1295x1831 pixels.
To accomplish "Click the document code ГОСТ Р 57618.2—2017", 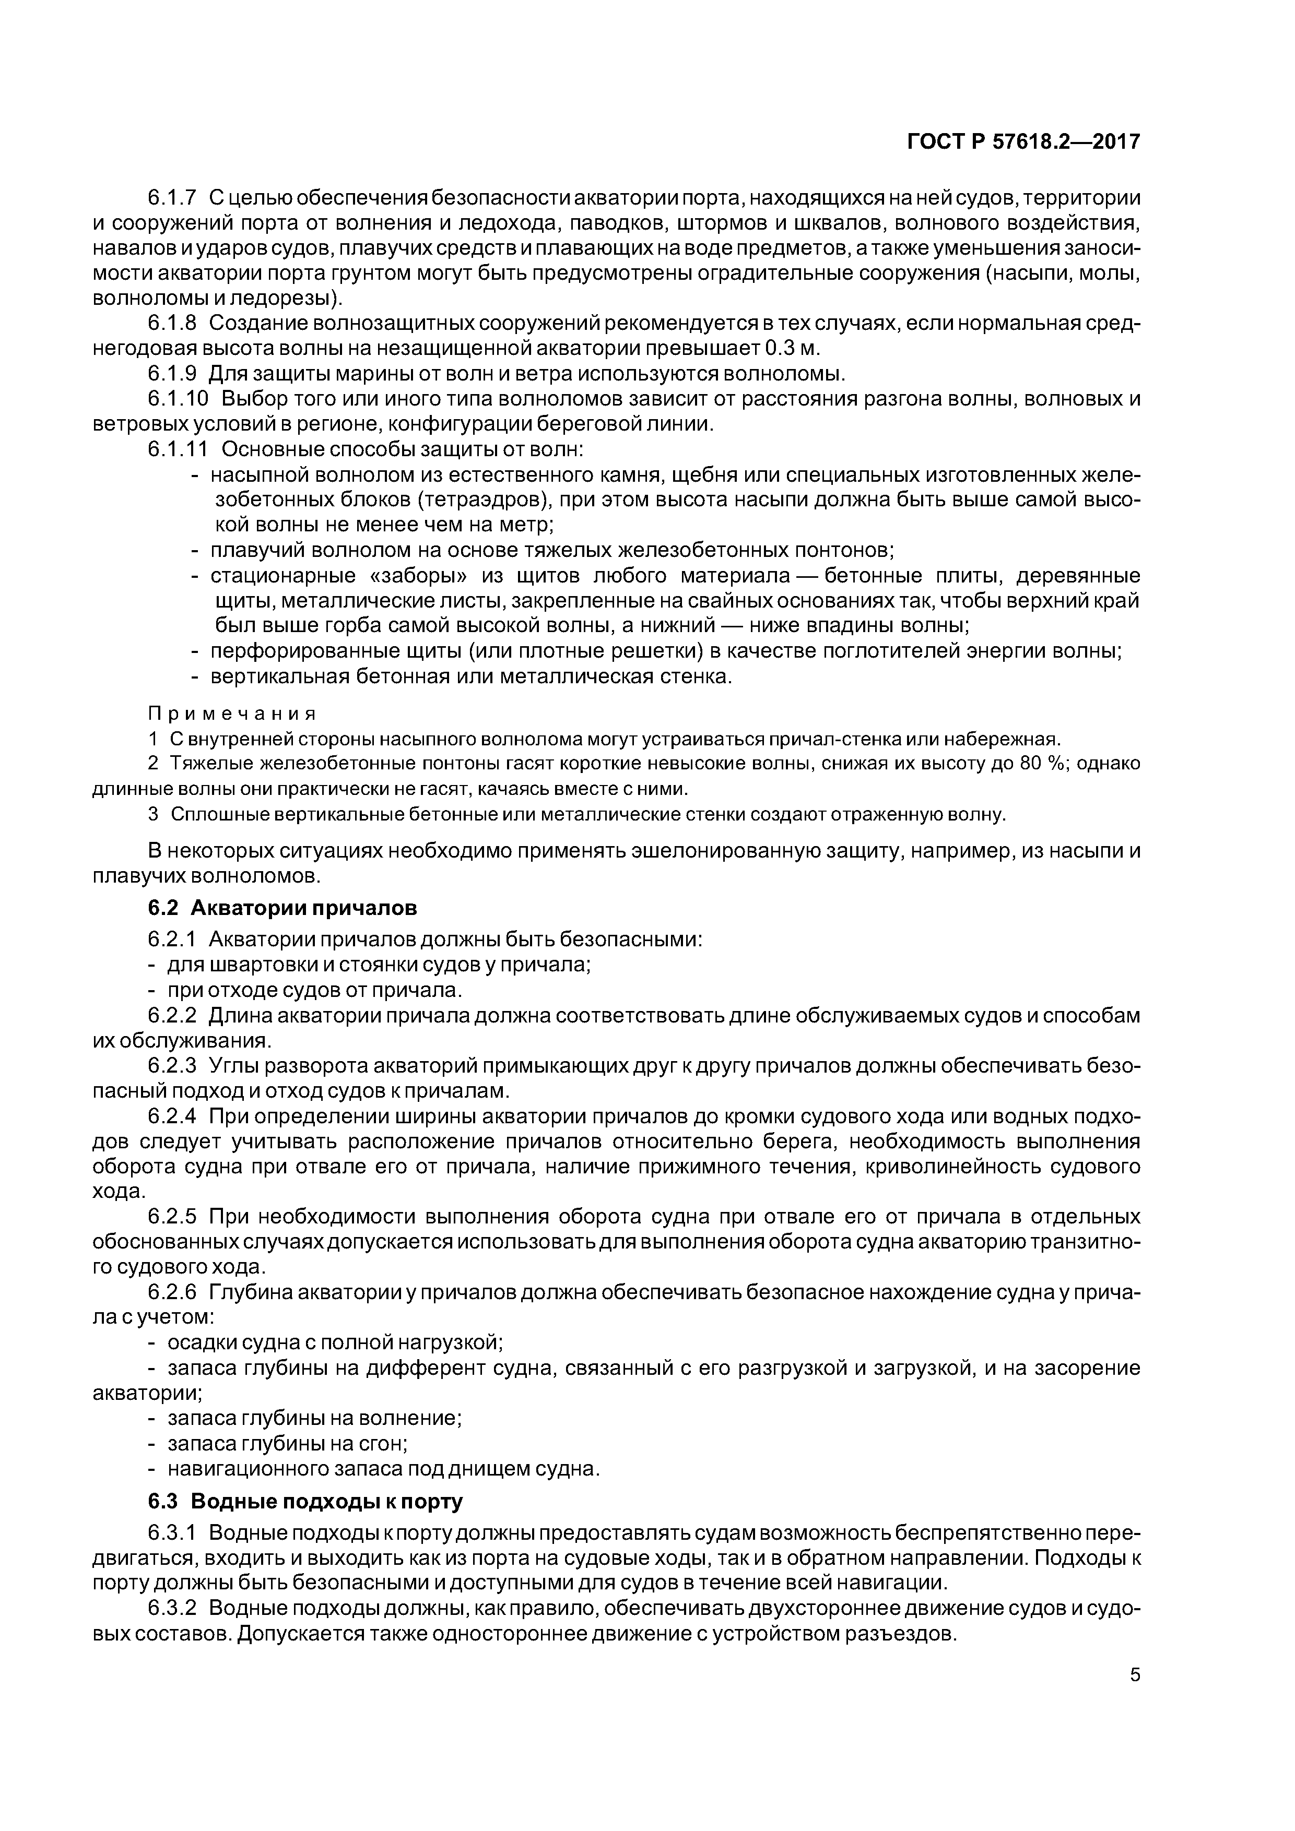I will (x=1023, y=142).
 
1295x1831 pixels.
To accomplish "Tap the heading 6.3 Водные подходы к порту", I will (x=305, y=1502).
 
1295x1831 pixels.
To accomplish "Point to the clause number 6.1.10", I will (x=178, y=399).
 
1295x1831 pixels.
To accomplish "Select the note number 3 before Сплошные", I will (x=153, y=814).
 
